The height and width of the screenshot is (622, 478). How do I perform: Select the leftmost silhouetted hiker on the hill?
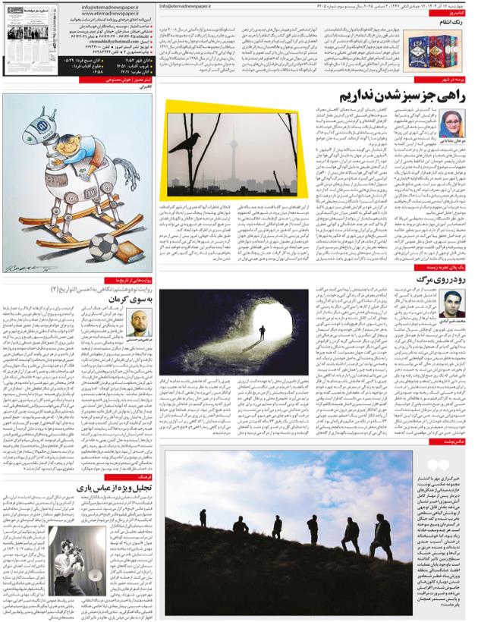tap(203, 539)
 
